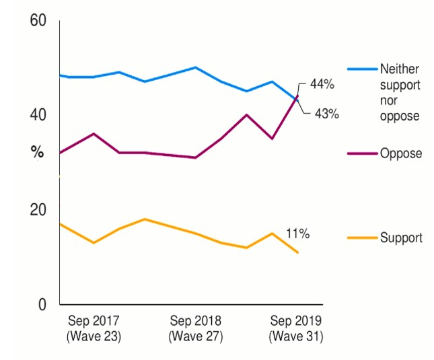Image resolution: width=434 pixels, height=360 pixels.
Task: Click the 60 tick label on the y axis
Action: [x=38, y=20]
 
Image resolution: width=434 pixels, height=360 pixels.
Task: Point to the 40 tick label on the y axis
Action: [x=38, y=115]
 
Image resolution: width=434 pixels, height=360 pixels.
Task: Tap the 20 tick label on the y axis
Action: [x=38, y=210]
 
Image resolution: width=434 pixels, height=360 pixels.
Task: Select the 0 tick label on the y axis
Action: [x=42, y=305]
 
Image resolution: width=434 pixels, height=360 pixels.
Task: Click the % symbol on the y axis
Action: [x=38, y=153]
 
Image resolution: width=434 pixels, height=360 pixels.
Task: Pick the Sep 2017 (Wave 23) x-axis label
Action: [x=94, y=328]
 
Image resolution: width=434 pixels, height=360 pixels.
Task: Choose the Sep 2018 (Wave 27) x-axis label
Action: [x=195, y=328]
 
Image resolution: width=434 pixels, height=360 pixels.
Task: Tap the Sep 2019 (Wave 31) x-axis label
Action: [x=296, y=328]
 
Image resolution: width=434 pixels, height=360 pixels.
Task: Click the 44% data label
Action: [x=322, y=85]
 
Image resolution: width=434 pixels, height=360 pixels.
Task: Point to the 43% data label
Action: [x=326, y=114]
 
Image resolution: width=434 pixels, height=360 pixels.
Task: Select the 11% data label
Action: [x=297, y=234]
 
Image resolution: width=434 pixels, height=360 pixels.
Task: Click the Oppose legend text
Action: [x=401, y=153]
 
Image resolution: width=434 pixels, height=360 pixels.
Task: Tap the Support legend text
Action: [x=401, y=238]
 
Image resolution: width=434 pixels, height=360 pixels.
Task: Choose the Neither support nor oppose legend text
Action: [x=400, y=92]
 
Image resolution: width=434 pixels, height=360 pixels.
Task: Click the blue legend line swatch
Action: [x=361, y=69]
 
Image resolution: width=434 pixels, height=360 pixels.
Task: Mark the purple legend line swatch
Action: [x=361, y=153]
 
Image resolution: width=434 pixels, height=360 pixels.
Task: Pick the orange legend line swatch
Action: [x=361, y=238]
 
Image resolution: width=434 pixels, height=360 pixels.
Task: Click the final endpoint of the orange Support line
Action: [x=297, y=253]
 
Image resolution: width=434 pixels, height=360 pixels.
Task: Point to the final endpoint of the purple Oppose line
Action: [x=297, y=96]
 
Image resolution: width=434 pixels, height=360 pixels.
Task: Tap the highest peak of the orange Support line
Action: [x=145, y=219]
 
